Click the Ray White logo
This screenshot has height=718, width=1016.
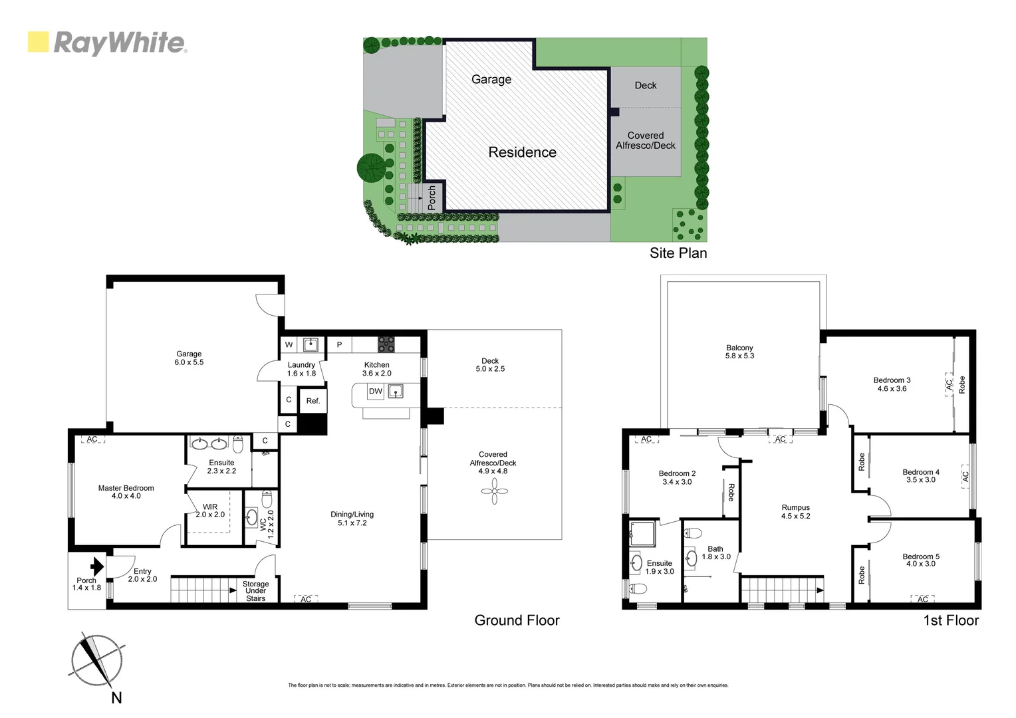click(x=107, y=43)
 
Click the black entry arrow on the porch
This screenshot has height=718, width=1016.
click(x=97, y=566)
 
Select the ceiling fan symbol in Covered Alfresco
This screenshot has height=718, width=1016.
click(x=494, y=492)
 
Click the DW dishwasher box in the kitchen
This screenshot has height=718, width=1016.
click(x=376, y=392)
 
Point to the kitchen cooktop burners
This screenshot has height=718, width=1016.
click(x=386, y=344)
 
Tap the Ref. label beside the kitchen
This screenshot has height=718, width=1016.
click(x=313, y=401)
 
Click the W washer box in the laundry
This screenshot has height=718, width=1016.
click(x=289, y=344)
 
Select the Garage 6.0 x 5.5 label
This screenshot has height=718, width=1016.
click(x=189, y=358)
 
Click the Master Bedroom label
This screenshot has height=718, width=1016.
click(x=126, y=492)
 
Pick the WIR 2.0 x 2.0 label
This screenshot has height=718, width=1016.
click(x=210, y=511)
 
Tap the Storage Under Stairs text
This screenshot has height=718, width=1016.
click(x=255, y=591)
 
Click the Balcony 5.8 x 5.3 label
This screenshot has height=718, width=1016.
click(x=739, y=352)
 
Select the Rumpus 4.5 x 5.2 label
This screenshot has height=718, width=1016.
click(x=795, y=511)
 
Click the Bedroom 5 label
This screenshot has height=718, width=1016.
click(x=921, y=560)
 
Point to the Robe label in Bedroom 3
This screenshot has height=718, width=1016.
click(x=961, y=385)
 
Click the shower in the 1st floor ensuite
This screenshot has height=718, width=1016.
click(x=643, y=533)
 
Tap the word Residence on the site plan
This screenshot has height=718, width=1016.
click(x=522, y=152)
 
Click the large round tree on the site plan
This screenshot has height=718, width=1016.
click(x=370, y=168)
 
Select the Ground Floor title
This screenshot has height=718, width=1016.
click(x=517, y=620)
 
